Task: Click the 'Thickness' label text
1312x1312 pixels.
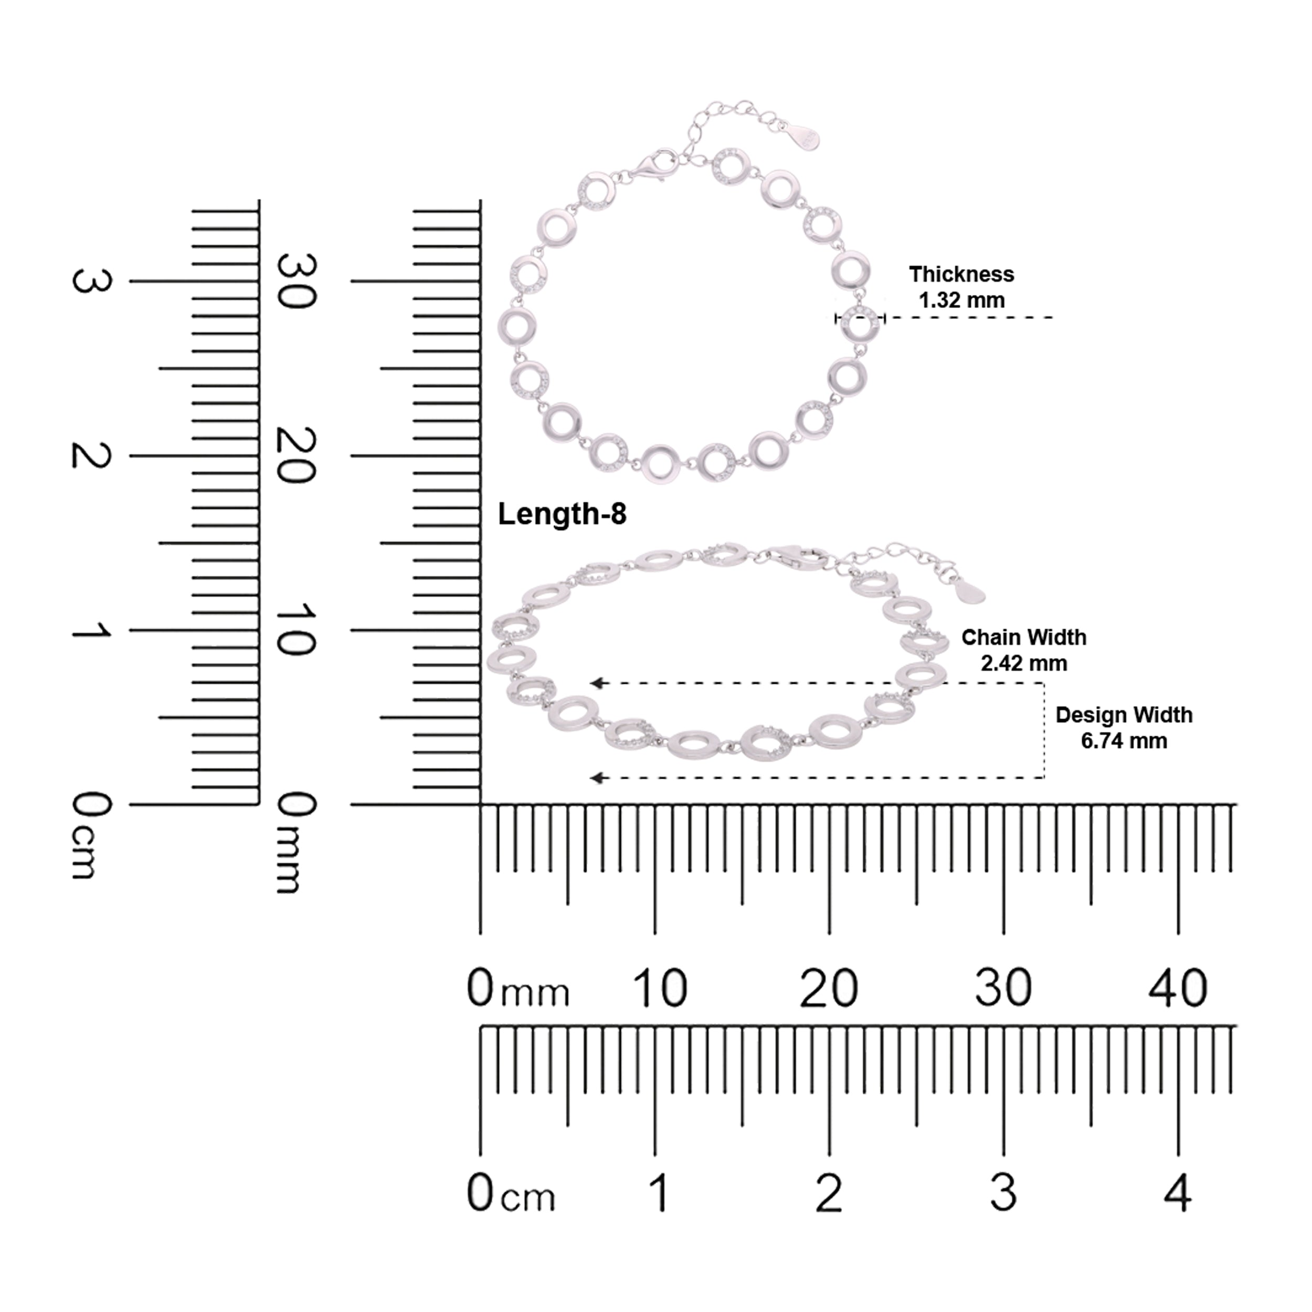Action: (961, 274)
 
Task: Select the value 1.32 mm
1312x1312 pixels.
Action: (961, 300)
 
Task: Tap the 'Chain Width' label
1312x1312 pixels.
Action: (1023, 637)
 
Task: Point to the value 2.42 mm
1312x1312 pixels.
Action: (1023, 663)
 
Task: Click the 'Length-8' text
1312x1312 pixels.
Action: (562, 515)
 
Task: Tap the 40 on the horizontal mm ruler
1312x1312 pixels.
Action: (1178, 989)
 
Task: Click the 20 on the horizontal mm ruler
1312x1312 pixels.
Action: (829, 989)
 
